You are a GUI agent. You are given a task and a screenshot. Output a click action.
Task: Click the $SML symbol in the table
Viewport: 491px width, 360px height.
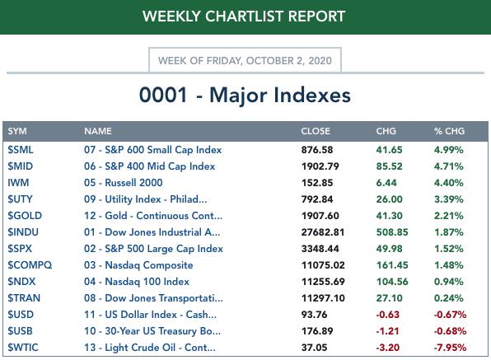(21, 150)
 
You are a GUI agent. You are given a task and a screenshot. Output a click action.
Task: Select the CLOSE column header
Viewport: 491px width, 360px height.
(316, 131)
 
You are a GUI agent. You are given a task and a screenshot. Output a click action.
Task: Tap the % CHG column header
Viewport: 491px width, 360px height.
(449, 131)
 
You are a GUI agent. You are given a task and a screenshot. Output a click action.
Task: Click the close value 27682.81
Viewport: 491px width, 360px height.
(323, 232)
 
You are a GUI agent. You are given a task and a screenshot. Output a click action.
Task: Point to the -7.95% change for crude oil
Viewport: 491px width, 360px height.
(450, 348)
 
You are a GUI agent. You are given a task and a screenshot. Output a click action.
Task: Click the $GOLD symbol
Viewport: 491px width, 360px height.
(25, 216)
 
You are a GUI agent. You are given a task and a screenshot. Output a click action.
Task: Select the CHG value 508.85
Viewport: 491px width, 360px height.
(392, 232)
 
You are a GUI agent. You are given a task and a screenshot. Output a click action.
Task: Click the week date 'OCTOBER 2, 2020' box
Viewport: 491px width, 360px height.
(245, 60)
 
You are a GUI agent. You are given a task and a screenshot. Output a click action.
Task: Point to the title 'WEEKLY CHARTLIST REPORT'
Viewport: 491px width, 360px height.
(244, 16)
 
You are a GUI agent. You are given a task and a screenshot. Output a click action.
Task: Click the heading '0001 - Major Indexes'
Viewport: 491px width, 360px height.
(245, 95)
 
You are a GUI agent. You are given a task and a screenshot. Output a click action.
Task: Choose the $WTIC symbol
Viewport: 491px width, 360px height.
(23, 348)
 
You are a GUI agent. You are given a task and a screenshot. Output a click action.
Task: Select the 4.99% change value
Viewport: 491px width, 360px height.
(448, 150)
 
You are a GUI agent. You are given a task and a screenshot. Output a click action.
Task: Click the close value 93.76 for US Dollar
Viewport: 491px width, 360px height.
(314, 315)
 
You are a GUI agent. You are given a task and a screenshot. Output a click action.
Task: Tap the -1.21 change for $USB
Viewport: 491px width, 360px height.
(388, 331)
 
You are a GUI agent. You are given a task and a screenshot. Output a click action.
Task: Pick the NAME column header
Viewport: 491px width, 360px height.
(98, 131)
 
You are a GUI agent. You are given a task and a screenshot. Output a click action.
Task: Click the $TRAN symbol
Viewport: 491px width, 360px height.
(24, 298)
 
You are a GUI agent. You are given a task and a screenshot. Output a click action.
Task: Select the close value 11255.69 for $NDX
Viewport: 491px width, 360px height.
(323, 282)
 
